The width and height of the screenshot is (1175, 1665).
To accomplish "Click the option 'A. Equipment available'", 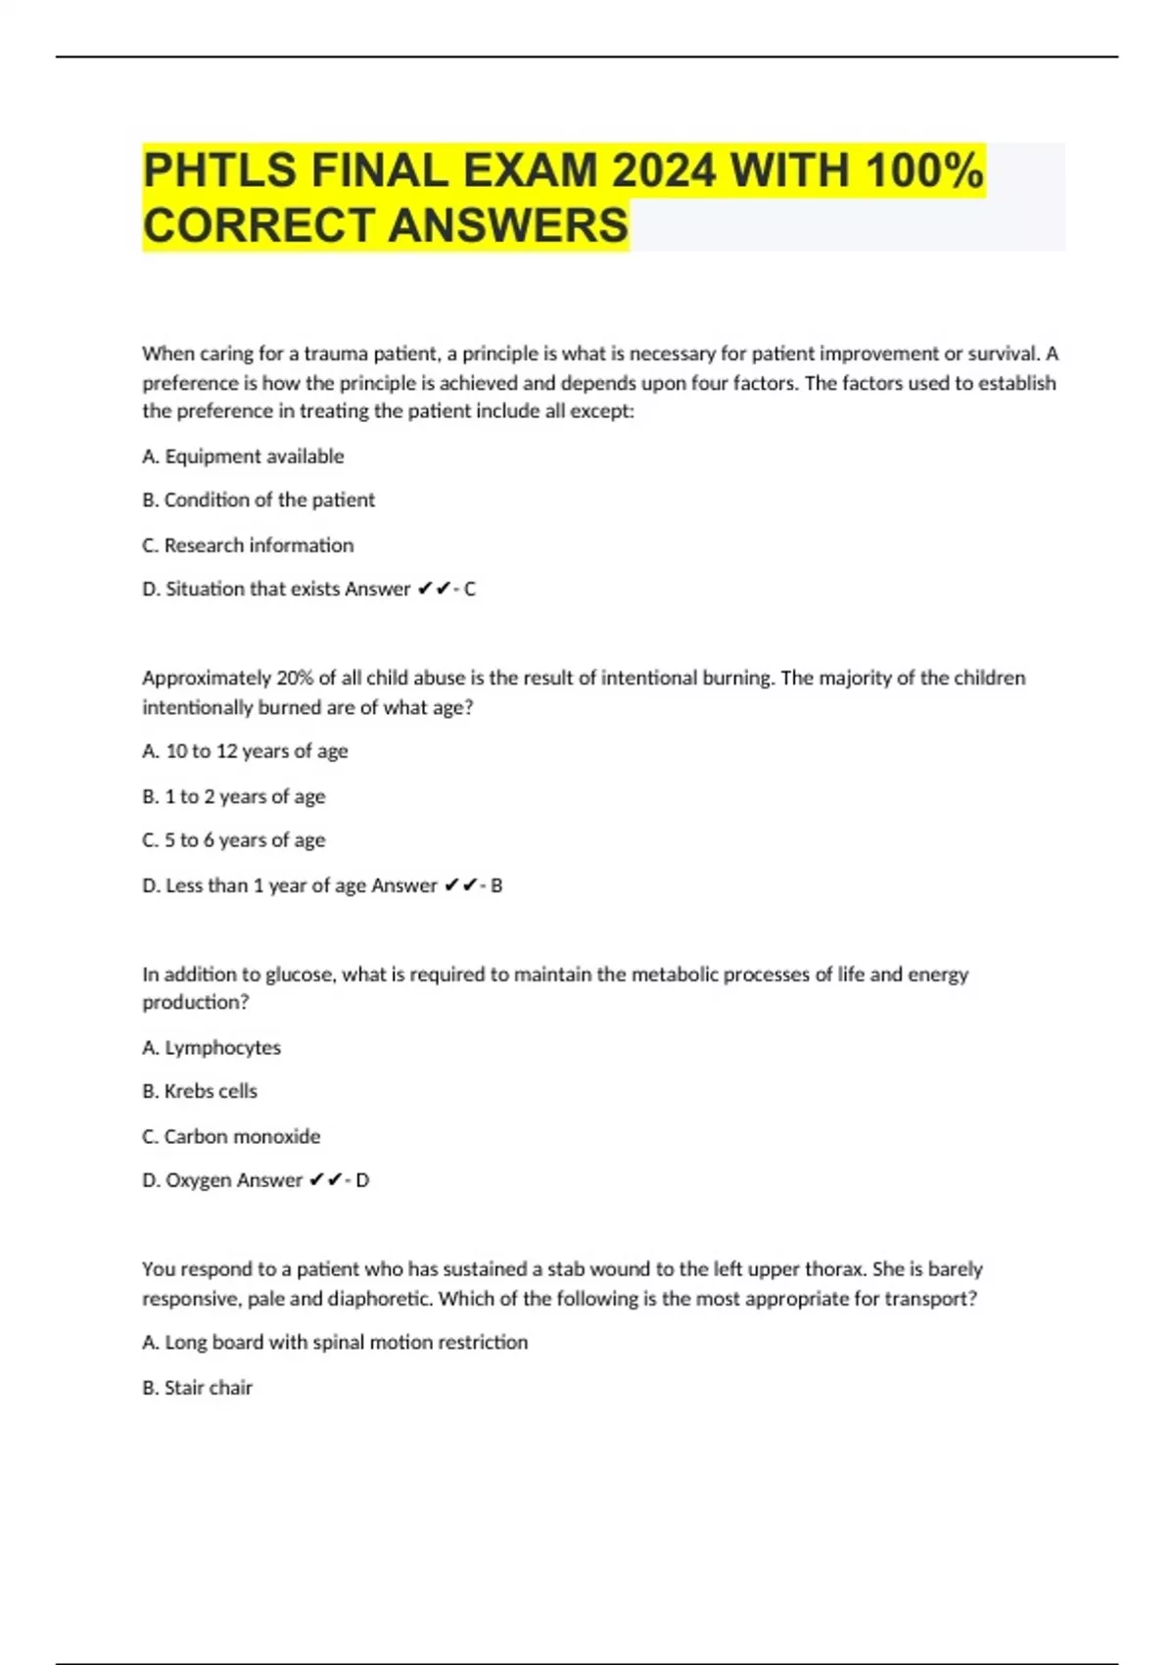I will [x=243, y=456].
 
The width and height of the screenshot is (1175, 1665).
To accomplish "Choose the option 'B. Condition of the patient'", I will [x=258, y=500].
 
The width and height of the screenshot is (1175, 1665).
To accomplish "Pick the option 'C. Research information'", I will [x=248, y=546].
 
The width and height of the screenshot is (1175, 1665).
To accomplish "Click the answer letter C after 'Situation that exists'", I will [x=470, y=590].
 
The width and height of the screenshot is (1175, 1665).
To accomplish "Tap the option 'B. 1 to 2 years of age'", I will [x=233, y=796].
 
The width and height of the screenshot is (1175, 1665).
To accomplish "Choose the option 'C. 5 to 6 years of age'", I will [x=233, y=840].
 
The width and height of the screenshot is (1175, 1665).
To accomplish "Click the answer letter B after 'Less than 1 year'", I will [x=496, y=885].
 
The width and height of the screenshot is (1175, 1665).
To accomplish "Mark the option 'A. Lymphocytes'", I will [x=211, y=1048].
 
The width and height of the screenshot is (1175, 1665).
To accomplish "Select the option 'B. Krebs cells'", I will [x=200, y=1091].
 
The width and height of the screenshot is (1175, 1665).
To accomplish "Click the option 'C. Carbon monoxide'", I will [x=231, y=1136].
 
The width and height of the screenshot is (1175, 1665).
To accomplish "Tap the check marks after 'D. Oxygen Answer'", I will [x=325, y=1181].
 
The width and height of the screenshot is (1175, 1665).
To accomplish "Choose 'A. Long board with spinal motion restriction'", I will [x=335, y=1343].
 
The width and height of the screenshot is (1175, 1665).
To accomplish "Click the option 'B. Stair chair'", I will [x=197, y=1388].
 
